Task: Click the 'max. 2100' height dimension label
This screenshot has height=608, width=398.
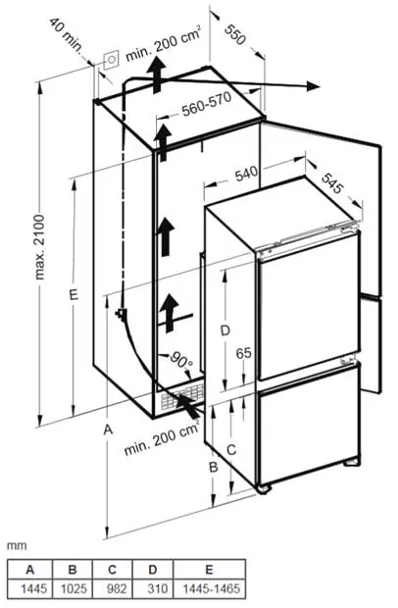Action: click(x=40, y=246)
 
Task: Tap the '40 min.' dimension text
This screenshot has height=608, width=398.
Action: click(x=67, y=35)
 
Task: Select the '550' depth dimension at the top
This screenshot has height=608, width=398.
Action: click(x=235, y=34)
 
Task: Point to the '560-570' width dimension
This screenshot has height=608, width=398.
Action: click(x=207, y=104)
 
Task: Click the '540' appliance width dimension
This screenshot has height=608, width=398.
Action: click(x=246, y=174)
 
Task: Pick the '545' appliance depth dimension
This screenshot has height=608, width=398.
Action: click(x=332, y=183)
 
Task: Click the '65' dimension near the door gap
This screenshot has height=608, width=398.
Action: click(x=243, y=353)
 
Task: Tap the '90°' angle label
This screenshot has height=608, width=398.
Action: click(x=182, y=360)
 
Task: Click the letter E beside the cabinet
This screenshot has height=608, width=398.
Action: click(x=74, y=294)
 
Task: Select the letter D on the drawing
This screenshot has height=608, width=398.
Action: click(x=225, y=330)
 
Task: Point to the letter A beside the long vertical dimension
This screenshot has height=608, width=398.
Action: click(x=108, y=430)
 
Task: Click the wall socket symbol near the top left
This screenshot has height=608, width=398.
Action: click(x=112, y=60)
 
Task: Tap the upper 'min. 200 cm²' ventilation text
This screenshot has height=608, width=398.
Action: click(x=163, y=42)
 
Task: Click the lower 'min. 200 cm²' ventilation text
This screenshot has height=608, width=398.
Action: click(x=162, y=437)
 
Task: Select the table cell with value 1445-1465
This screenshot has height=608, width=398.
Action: click(x=210, y=588)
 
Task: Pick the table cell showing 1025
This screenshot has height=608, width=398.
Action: click(x=74, y=588)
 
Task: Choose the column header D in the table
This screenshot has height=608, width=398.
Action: click(x=153, y=570)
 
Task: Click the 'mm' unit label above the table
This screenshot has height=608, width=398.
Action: click(x=17, y=546)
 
